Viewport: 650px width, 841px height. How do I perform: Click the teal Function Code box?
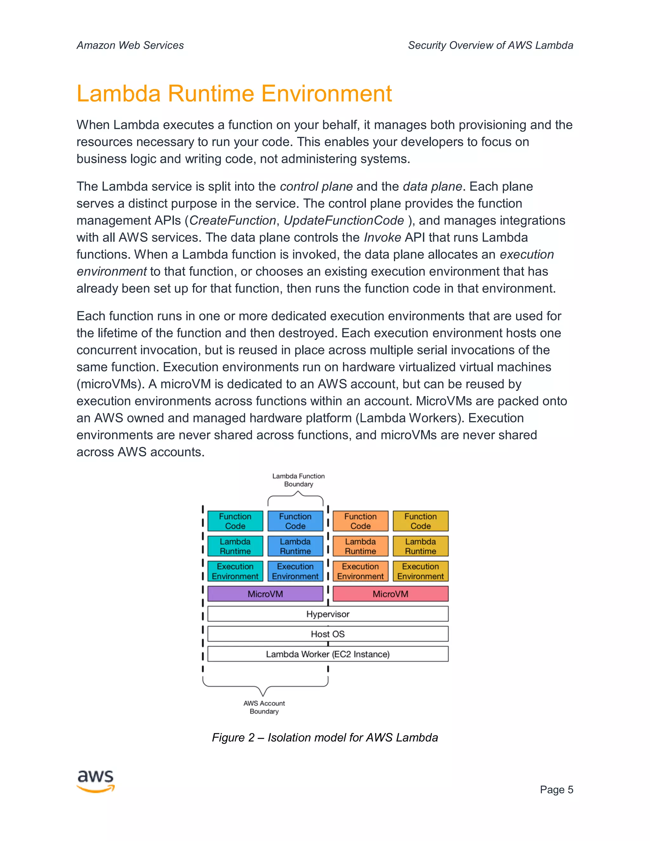[235, 521]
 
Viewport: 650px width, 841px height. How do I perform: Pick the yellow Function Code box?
[420, 521]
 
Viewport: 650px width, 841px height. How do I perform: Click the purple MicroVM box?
[265, 594]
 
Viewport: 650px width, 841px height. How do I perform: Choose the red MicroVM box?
[390, 594]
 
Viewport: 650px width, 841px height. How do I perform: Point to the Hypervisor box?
[328, 614]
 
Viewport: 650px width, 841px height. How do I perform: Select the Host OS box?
[328, 634]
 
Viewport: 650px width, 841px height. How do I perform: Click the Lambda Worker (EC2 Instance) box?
[328, 654]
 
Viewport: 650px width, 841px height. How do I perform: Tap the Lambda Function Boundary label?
[298, 480]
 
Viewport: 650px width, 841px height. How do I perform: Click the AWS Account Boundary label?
[264, 707]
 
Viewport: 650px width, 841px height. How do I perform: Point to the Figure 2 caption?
[325, 738]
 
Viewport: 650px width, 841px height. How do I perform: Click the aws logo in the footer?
[96, 781]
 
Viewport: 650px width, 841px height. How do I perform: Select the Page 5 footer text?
[556, 789]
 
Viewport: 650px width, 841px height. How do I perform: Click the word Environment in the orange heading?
[327, 94]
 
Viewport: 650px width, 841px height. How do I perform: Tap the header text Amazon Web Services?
[130, 45]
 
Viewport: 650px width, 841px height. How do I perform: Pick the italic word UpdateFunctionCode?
[344, 220]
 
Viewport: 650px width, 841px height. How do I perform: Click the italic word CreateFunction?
[233, 220]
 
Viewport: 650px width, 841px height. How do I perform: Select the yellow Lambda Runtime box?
[420, 546]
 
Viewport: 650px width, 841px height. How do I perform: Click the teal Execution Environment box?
[235, 571]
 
